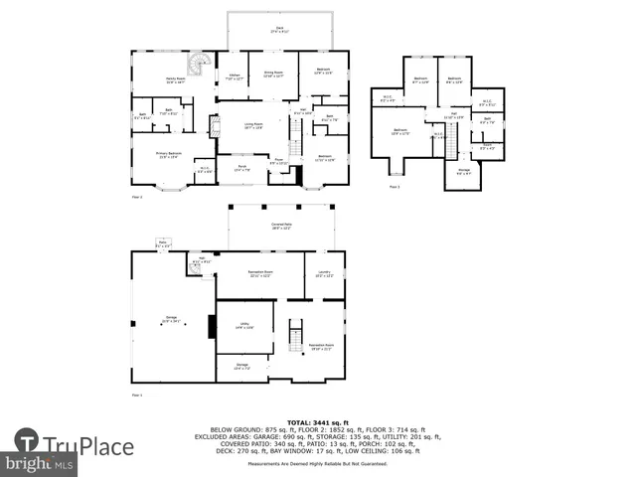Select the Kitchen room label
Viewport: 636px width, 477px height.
pos(234,77)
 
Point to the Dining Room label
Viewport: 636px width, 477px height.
pos(273,74)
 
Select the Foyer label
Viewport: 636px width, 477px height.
pos(279,161)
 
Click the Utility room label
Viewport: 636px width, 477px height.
pos(243,325)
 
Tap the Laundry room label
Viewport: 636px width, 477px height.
pos(325,273)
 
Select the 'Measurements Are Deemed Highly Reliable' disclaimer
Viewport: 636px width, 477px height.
pos(318,465)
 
